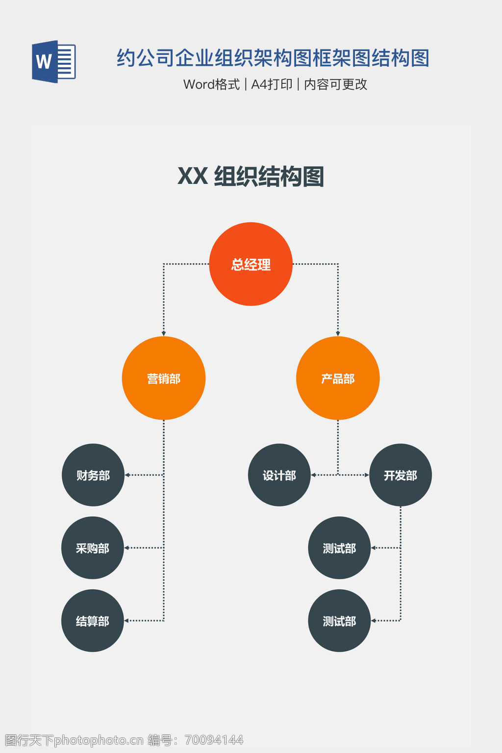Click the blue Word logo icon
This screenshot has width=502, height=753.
53,62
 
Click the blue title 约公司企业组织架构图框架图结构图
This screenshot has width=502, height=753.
273,58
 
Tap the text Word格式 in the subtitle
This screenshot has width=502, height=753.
211,84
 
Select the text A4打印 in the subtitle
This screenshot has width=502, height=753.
272,84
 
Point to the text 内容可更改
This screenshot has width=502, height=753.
336,84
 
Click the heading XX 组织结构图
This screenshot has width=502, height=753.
251,176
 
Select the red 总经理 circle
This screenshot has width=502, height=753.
251,264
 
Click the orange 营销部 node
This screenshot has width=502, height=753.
164,378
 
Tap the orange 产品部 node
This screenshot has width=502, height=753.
338,378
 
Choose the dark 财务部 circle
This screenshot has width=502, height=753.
93,475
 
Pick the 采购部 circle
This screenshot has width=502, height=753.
93,548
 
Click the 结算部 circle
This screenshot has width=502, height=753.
93,621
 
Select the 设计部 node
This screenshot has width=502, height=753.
279,475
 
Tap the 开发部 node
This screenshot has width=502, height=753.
401,475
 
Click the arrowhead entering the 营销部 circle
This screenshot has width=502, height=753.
164,334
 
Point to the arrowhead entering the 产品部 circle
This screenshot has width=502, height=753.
338,334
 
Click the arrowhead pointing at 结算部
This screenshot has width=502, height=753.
127,621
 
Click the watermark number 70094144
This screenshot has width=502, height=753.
214,740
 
